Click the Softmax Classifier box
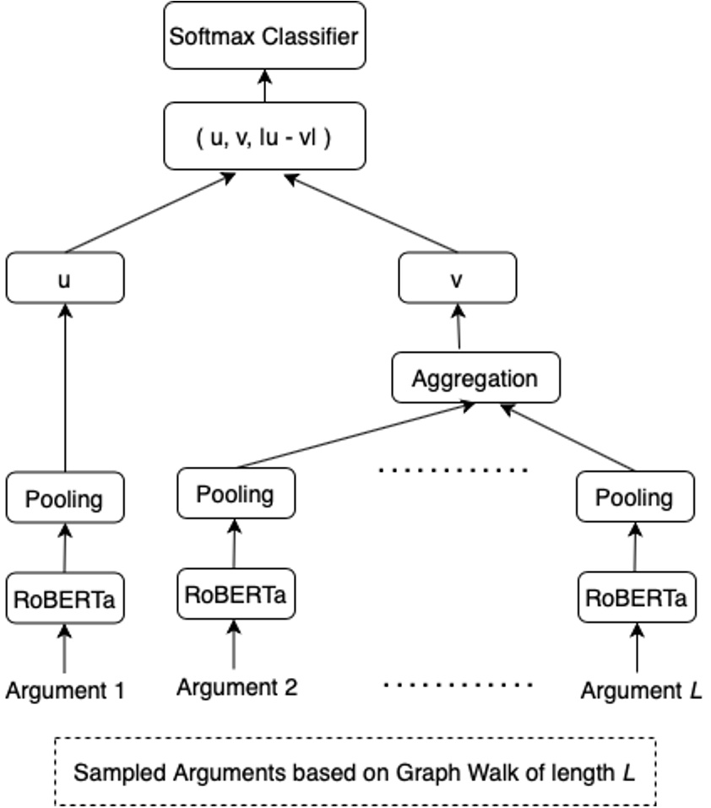pyautogui.click(x=264, y=37)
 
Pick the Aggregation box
pyautogui.click(x=475, y=377)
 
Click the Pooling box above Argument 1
pyautogui.click(x=65, y=498)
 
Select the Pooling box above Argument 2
pyautogui.click(x=236, y=493)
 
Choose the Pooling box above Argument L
pyautogui.click(x=635, y=497)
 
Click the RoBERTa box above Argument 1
pyautogui.click(x=65, y=599)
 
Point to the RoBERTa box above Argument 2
pyautogui.click(x=236, y=594)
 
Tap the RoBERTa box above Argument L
pyautogui.click(x=635, y=598)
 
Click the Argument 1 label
pyautogui.click(x=65, y=691)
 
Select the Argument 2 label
pyautogui.click(x=236, y=687)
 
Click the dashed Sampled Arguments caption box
pyautogui.click(x=355, y=772)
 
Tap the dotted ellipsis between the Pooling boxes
pyautogui.click(x=453, y=469)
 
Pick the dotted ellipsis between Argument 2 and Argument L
pyautogui.click(x=458, y=684)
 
